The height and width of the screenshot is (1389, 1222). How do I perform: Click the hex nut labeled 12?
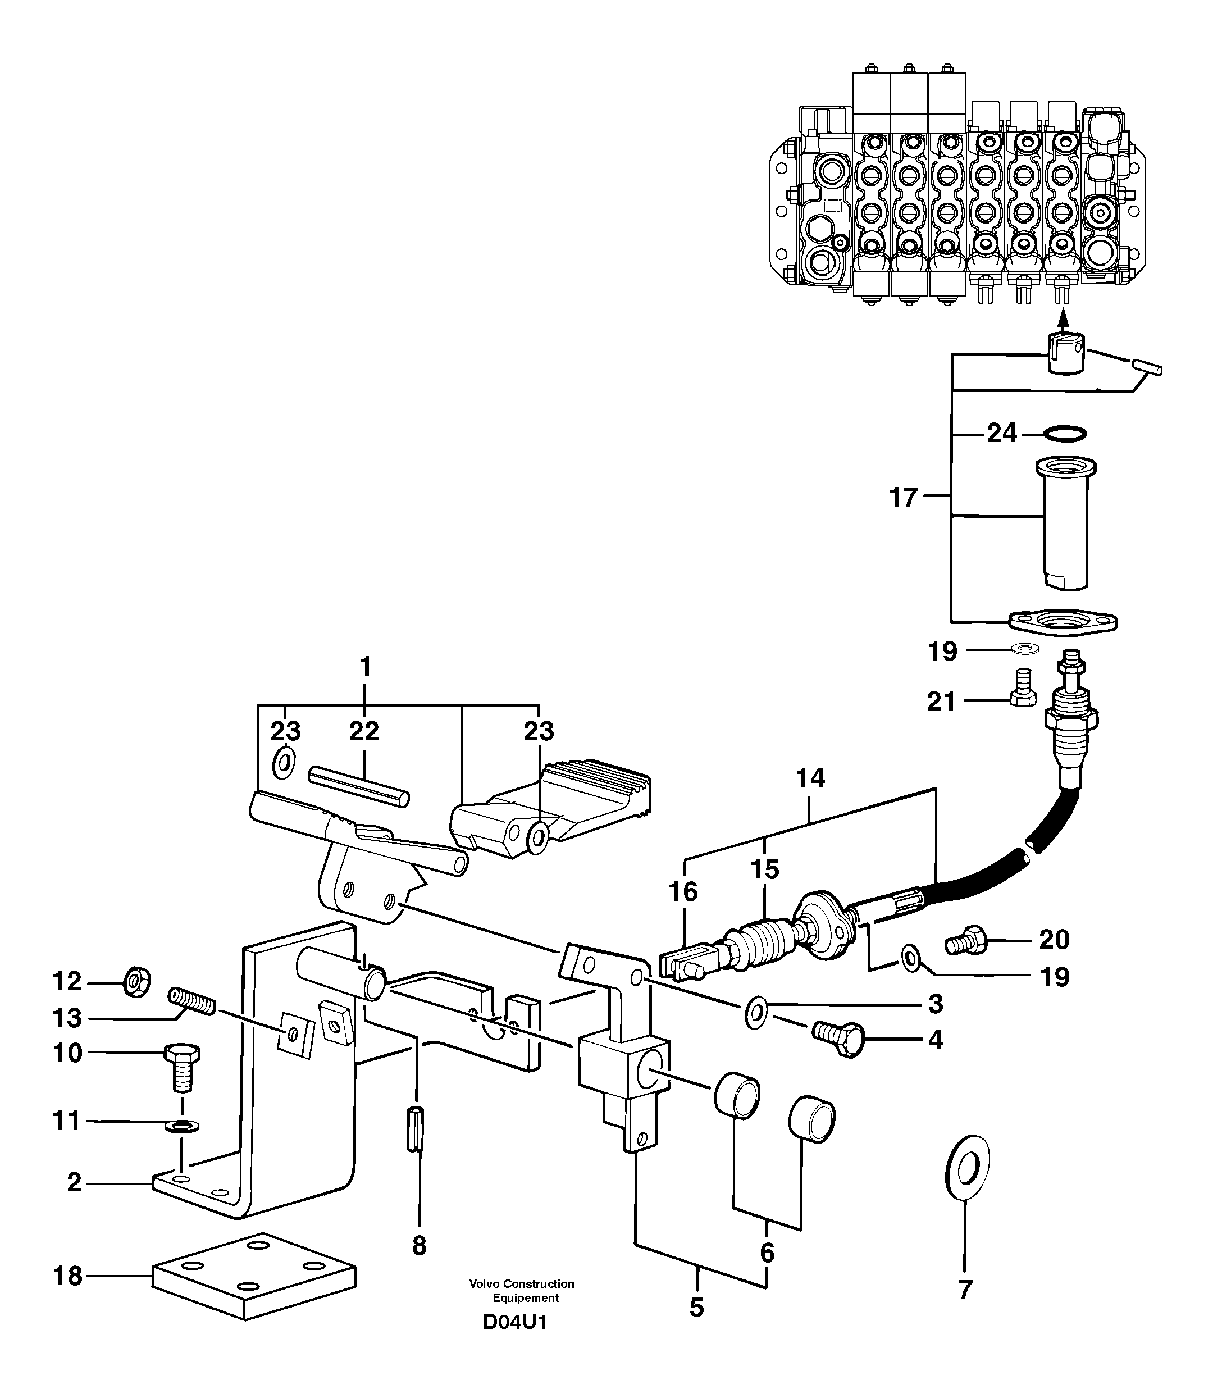[x=137, y=981]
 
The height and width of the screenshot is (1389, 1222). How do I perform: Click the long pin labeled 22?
[x=359, y=786]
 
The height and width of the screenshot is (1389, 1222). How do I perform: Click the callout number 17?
[x=904, y=498]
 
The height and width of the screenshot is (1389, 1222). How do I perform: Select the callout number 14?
[x=810, y=778]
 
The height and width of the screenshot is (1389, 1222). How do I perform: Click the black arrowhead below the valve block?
[x=1064, y=317]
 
